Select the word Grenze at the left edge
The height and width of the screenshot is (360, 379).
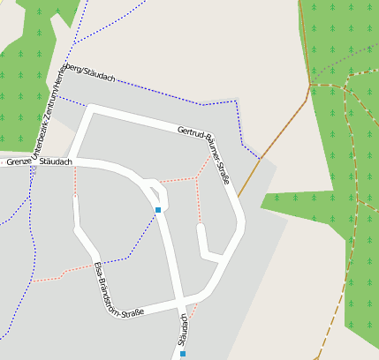pyautogui.click(x=18, y=161)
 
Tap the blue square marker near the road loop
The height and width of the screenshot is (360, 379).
pyautogui.click(x=158, y=210)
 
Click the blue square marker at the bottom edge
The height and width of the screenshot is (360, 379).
pyautogui.click(x=183, y=354)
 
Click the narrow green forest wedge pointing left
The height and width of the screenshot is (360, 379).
pyautogui.click(x=300, y=201)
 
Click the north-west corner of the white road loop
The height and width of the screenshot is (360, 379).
pyautogui.click(x=90, y=109)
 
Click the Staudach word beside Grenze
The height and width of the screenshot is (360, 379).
pyautogui.click(x=56, y=162)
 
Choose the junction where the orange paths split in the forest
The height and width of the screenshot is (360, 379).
pyautogui.click(x=311, y=85)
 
